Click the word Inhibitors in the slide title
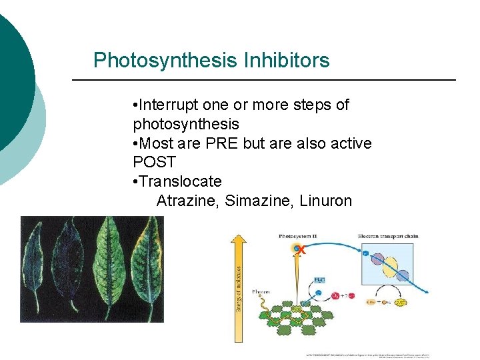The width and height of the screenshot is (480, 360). point(287,61)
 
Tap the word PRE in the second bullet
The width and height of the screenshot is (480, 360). point(224,143)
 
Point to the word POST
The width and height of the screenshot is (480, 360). point(155,162)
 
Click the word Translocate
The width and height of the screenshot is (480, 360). point(180,181)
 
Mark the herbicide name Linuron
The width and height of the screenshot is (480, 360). point(325,201)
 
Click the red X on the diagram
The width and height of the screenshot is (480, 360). point(301,250)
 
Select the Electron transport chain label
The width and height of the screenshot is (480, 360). point(388,237)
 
